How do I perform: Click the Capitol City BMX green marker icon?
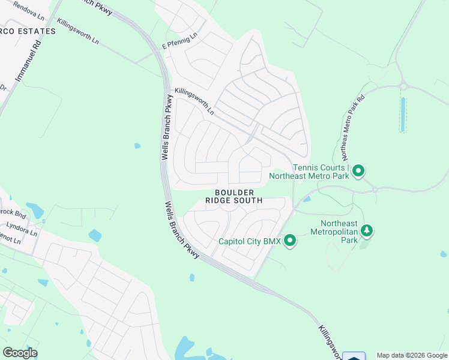(290, 241)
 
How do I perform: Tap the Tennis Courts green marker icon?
(358, 172)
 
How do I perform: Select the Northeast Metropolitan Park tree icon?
(366, 230)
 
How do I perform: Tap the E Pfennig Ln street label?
(179, 42)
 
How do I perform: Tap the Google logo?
(20, 353)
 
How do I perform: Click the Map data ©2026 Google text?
(412, 355)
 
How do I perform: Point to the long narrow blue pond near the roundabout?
(403, 114)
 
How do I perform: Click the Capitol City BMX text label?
(249, 242)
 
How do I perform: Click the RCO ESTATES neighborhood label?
(27, 31)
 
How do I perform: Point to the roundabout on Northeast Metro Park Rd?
(404, 86)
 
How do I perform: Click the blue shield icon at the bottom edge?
(354, 356)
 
